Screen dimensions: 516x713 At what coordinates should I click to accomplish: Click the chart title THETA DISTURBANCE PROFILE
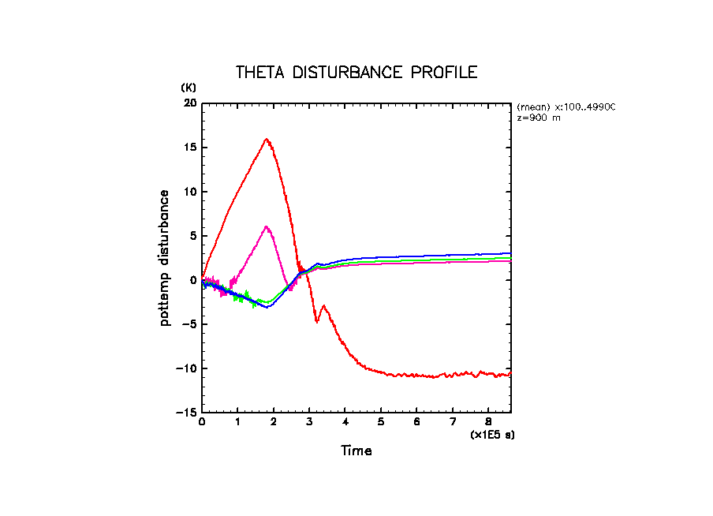356,73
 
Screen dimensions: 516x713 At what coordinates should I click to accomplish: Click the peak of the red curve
267,139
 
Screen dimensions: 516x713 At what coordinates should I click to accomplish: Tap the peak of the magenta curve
267,226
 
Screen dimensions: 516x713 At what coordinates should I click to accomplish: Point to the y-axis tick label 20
189,103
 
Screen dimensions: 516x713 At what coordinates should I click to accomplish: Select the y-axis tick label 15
189,148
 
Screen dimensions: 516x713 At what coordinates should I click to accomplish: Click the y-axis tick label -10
185,368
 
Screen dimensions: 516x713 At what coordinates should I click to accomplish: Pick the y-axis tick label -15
185,413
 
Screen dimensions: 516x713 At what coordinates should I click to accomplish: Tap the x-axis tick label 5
381,422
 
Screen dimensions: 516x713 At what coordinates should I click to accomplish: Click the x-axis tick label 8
488,422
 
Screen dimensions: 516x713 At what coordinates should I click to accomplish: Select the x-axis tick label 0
202,422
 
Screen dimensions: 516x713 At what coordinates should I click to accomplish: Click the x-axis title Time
356,451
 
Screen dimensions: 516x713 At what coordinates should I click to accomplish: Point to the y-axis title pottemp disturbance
165,258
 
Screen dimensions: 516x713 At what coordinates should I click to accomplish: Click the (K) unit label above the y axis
189,87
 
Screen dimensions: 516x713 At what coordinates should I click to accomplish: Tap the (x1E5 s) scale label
492,435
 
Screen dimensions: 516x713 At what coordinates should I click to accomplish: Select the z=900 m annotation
539,117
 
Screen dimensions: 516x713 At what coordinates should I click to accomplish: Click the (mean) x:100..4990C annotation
566,107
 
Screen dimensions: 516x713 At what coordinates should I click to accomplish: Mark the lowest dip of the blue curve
268,307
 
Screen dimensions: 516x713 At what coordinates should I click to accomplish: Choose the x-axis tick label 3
309,422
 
